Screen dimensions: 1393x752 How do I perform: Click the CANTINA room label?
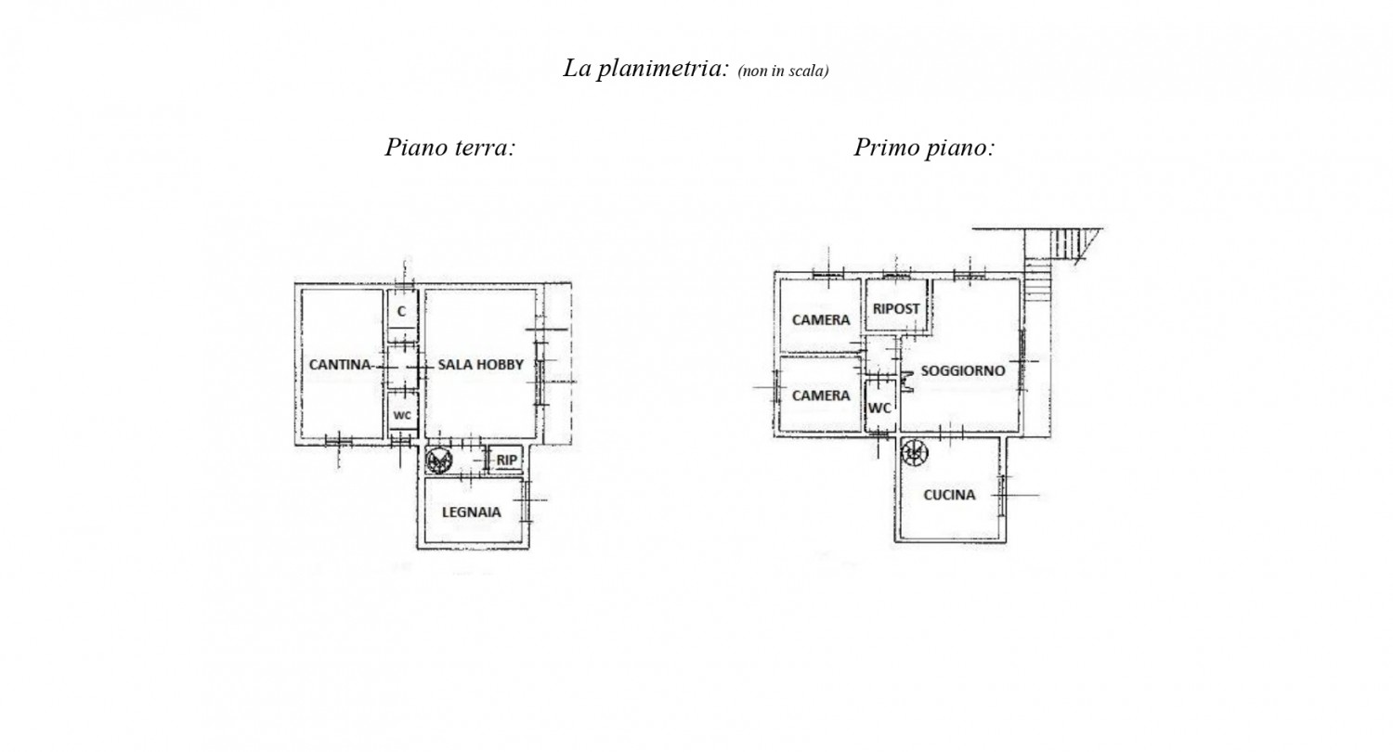(x=340, y=365)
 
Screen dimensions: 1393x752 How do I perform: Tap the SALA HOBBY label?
(x=481, y=365)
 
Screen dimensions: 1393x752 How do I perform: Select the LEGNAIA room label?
(x=472, y=512)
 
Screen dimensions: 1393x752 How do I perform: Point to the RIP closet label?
(x=507, y=460)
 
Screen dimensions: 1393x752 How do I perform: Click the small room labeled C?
(x=402, y=311)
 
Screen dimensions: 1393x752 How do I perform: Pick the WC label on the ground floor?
(x=402, y=416)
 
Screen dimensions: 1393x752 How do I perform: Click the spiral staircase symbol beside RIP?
(x=439, y=460)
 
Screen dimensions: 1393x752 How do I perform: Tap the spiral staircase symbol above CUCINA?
(x=915, y=452)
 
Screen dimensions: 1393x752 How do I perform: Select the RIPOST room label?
(x=896, y=309)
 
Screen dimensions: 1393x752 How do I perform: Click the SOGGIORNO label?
(x=963, y=371)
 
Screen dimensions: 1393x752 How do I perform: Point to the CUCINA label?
(x=949, y=496)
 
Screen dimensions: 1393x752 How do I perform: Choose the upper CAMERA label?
(x=821, y=320)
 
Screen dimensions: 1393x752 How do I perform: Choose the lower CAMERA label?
(x=821, y=395)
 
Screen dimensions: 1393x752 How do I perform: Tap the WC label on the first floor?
(x=879, y=408)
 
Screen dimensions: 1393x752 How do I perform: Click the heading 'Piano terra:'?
(x=450, y=148)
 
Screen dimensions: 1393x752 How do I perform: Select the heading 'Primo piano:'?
(x=924, y=148)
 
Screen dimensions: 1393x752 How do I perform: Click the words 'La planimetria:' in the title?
(x=645, y=69)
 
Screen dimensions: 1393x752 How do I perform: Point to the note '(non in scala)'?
(x=783, y=71)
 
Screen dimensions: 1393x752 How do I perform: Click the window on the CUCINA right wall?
(x=1002, y=496)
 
